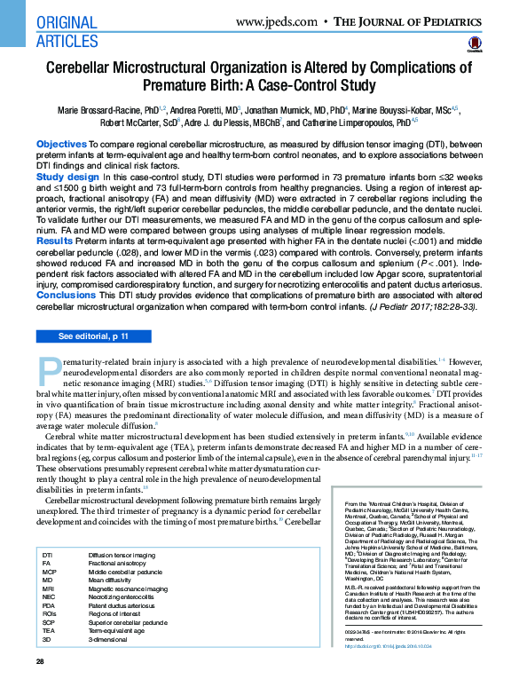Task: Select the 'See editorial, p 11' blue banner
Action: (x=93, y=336)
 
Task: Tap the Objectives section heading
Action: (x=61, y=144)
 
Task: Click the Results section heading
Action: (x=54, y=241)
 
